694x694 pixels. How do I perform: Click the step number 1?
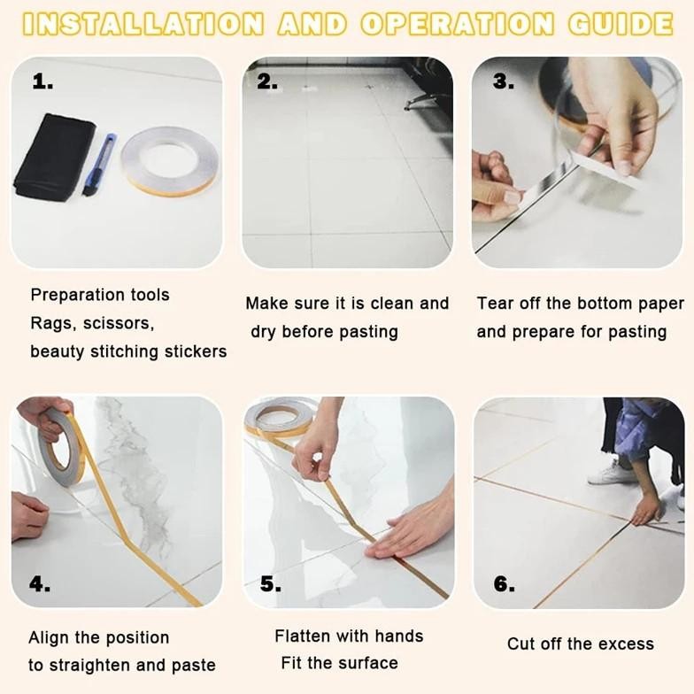pos(42,81)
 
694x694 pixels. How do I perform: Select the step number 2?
pos(267,81)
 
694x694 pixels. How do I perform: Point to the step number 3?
pos(504,81)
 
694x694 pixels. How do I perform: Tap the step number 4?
pos(40,584)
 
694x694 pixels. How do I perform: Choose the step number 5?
pos(271,584)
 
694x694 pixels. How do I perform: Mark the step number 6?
pos(505,584)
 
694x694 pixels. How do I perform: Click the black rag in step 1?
pos(55,158)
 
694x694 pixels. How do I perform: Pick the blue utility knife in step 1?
pos(99,165)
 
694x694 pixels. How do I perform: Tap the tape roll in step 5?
pos(280,417)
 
